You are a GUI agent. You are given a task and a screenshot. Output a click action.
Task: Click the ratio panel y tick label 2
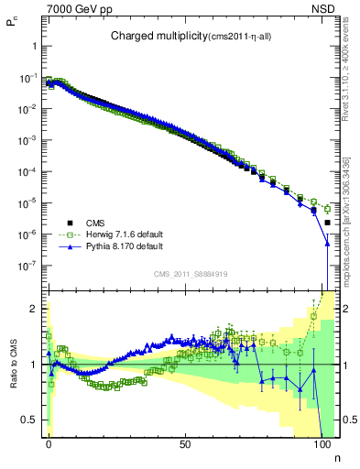point(34,309)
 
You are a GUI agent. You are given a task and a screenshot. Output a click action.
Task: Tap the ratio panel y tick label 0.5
point(30,420)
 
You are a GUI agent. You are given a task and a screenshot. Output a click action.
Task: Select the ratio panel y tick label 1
point(34,365)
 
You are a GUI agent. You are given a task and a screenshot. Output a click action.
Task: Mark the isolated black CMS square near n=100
point(328,222)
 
